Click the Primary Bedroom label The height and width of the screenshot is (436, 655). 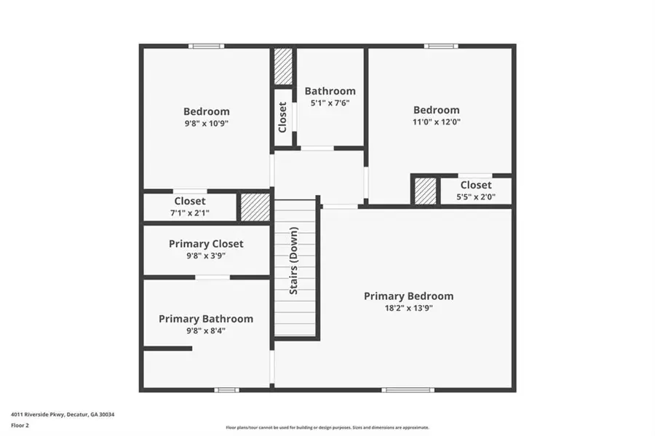(x=408, y=296)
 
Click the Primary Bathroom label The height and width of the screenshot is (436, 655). (x=206, y=319)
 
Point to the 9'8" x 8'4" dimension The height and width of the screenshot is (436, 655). (x=206, y=330)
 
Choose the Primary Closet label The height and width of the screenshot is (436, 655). (x=206, y=244)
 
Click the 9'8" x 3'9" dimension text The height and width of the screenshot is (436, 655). (x=206, y=255)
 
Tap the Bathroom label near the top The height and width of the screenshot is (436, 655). (x=330, y=91)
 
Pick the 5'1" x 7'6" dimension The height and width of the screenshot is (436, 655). (x=330, y=103)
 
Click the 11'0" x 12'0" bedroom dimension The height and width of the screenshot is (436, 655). (x=437, y=122)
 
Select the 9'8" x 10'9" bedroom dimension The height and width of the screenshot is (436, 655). (x=206, y=124)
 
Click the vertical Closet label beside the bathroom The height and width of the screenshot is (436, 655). (x=282, y=117)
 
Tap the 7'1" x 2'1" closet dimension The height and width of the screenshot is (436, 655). (x=189, y=213)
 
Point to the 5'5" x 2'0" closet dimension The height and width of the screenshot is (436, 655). (x=475, y=197)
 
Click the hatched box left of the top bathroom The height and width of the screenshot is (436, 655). (x=282, y=67)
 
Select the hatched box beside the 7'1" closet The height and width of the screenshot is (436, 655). (x=255, y=207)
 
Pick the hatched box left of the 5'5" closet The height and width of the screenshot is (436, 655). (x=425, y=191)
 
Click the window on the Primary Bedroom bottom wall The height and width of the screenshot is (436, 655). (x=408, y=390)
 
